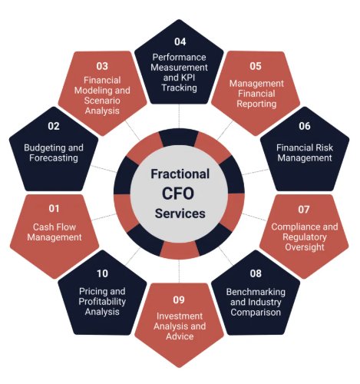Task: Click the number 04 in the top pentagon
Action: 180,41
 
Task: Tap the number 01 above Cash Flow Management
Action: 54,209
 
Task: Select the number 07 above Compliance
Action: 304,210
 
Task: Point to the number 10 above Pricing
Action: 102,273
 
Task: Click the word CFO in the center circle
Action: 178,194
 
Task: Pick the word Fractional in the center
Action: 180,174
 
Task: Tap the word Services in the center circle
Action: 180,214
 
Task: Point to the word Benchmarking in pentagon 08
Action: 256,292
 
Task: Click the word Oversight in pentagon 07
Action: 305,247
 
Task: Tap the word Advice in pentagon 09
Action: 180,336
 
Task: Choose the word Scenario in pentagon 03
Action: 102,101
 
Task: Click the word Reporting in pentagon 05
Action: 256,104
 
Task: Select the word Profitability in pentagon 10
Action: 102,302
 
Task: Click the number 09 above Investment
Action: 179,300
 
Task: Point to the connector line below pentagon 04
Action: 179,116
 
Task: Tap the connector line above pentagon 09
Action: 179,271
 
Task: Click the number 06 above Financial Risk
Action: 305,126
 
